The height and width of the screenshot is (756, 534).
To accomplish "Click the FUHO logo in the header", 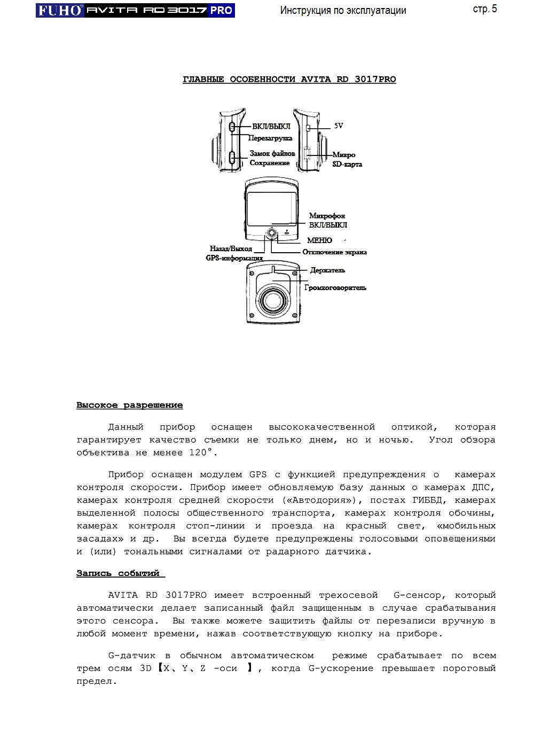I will pos(60,10).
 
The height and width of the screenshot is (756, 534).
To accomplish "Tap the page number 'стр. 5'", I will pos(484,9).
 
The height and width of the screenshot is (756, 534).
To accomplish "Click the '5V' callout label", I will pos(338,126).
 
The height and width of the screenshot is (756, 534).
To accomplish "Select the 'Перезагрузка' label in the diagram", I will pos(270,138).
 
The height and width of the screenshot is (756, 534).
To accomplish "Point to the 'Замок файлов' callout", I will pos(272,154).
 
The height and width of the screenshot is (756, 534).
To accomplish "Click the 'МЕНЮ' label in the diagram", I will pos(319,240).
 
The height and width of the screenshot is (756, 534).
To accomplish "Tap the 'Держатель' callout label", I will pos(327,270).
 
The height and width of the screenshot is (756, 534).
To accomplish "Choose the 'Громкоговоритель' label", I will pos(335,287).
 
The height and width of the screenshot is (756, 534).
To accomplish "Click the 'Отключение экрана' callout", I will pos(334,252).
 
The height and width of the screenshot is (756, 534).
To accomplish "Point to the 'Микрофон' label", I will pos(327,216).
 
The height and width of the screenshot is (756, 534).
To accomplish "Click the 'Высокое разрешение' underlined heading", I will pos(129,406).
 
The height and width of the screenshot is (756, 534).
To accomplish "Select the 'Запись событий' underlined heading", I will pos(118,573).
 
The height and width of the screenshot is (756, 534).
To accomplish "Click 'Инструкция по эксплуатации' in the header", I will pos(343,10).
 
